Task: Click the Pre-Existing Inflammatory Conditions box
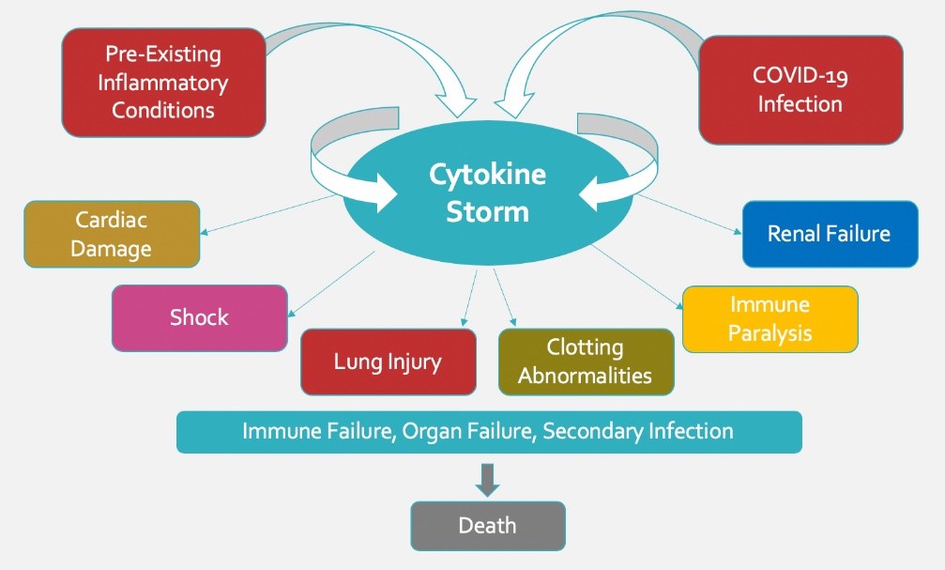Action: coord(163,83)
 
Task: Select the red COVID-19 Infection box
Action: coord(800,89)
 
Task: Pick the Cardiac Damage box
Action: coord(112,235)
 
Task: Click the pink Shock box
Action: coord(199,317)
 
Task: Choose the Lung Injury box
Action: coord(388,362)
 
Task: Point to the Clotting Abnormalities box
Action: coord(586,362)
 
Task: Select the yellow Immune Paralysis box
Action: coord(770,319)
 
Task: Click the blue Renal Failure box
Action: coord(829,233)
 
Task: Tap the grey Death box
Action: coord(488,525)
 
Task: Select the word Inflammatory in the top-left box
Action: coord(163,83)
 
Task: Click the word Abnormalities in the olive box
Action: coord(586,376)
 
